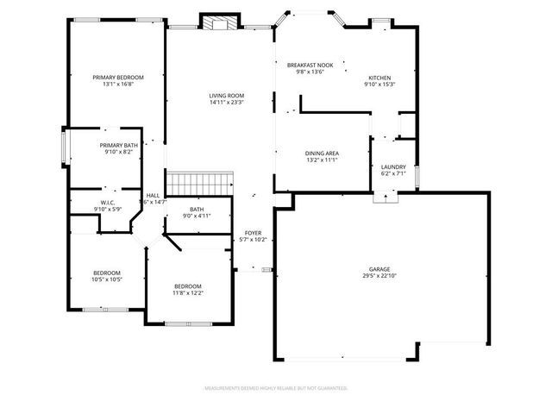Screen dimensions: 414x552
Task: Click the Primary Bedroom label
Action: [118, 78]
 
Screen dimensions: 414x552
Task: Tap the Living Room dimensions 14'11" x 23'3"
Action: [227, 103]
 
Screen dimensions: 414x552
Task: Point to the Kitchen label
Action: [380, 78]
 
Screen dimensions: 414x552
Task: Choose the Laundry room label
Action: [392, 166]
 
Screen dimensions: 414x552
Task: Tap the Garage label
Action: [380, 269]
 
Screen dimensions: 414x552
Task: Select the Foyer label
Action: [253, 233]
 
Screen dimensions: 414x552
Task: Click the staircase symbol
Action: [200, 183]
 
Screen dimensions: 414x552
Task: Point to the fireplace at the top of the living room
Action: [216, 22]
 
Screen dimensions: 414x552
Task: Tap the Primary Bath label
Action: [118, 145]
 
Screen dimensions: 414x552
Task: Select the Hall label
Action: [153, 195]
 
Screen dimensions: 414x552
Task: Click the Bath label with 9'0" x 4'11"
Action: [197, 210]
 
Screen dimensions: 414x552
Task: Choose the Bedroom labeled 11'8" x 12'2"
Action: [187, 286]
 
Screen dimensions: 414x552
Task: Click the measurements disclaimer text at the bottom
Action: [275, 389]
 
